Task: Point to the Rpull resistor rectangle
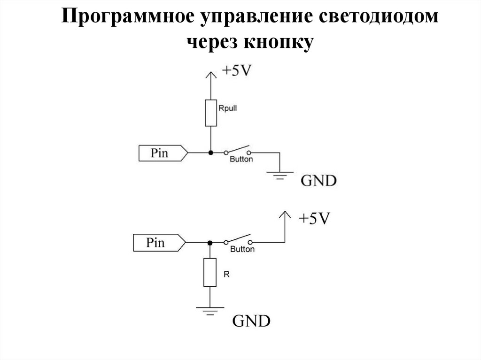click(211, 113)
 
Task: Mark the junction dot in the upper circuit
click(211, 153)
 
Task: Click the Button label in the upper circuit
click(241, 160)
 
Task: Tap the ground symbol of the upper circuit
click(279, 175)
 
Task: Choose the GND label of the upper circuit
click(318, 181)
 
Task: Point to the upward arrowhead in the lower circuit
click(283, 216)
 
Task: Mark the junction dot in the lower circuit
click(210, 242)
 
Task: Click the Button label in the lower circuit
click(242, 249)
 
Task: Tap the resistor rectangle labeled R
click(210, 272)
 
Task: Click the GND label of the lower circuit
click(252, 322)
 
